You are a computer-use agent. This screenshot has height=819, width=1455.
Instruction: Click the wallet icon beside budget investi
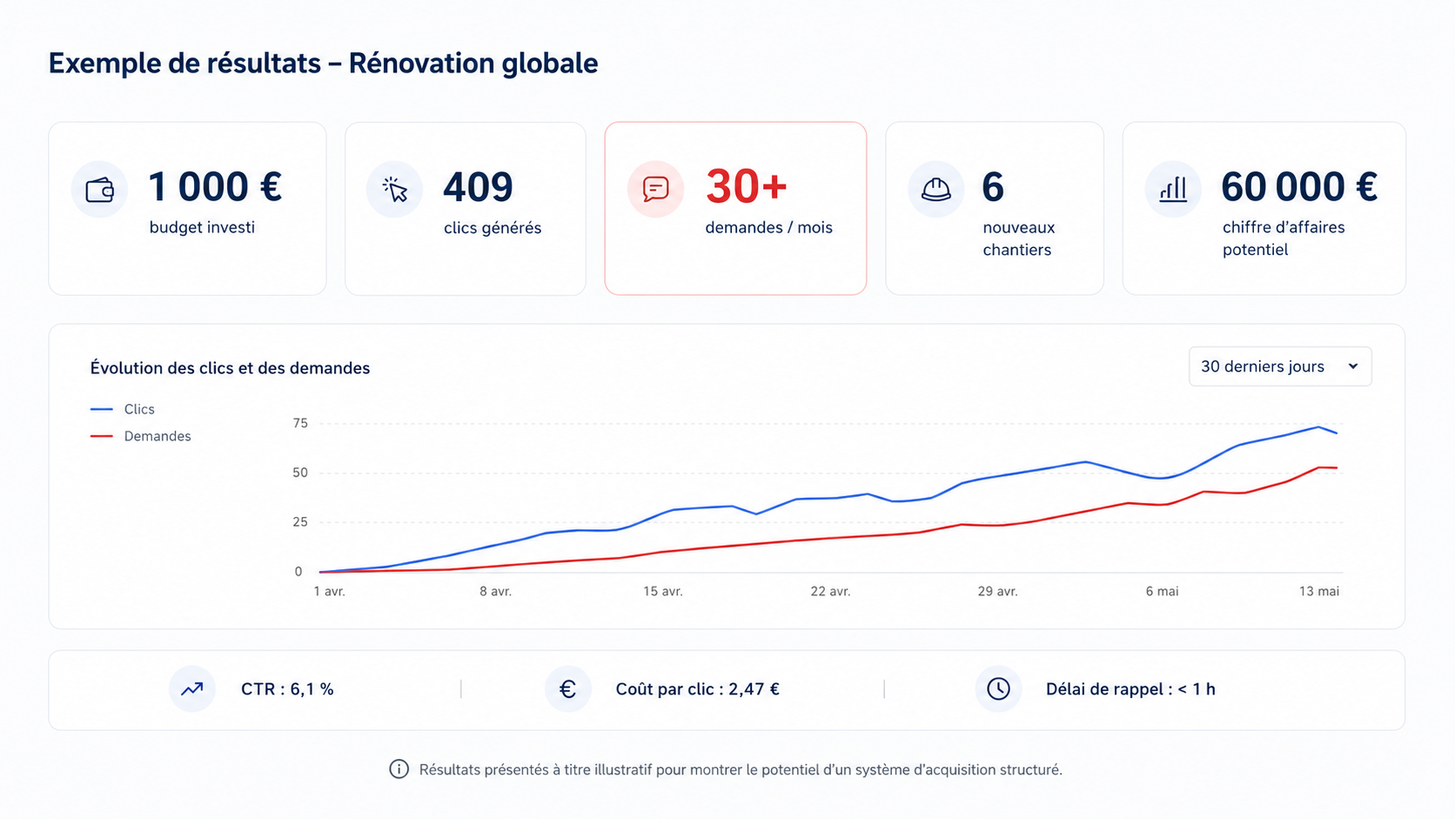pos(99,190)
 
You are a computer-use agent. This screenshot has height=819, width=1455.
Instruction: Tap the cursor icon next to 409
pos(395,189)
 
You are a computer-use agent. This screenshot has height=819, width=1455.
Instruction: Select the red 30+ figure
pos(747,186)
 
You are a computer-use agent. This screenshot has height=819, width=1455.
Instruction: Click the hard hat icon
pos(936,190)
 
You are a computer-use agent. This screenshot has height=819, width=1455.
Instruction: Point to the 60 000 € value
pos(1299,187)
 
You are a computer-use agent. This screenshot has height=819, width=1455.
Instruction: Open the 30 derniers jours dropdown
pos(1279,366)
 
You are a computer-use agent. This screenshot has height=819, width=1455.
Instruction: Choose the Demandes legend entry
pos(140,436)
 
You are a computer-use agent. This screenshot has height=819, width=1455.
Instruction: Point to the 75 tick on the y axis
pos(300,424)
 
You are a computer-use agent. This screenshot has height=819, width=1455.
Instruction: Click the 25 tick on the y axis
pos(300,522)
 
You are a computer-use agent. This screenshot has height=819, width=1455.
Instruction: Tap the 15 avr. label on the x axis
pos(662,591)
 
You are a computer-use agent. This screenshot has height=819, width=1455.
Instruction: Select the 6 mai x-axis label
pos(1162,591)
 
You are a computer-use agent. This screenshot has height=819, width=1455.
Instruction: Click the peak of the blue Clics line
pos(1318,426)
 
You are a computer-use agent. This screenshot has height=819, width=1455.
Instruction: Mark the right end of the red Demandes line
pos(1337,467)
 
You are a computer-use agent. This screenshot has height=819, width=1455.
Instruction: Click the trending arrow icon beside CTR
pos(191,688)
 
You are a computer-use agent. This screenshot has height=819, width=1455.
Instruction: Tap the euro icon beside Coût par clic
pos(567,689)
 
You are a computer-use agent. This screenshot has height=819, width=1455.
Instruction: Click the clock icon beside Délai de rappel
pos(998,688)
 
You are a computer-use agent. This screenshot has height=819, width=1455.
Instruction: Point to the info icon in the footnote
pos(399,769)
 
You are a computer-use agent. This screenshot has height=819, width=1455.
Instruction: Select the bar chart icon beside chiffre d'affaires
pos(1173,190)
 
